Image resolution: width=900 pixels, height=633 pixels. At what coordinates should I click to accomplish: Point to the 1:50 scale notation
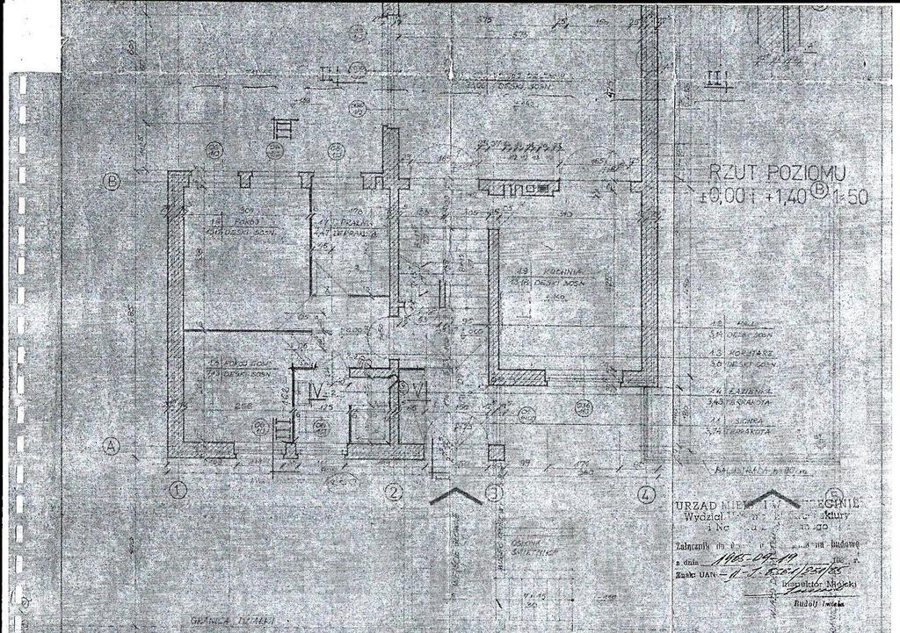pyautogui.click(x=852, y=197)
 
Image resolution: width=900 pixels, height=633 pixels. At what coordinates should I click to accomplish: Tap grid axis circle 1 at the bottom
pyautogui.click(x=177, y=490)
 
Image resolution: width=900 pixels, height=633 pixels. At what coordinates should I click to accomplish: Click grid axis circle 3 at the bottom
pyautogui.click(x=494, y=493)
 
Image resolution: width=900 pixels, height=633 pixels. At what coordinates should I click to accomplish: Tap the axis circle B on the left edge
pyautogui.click(x=112, y=183)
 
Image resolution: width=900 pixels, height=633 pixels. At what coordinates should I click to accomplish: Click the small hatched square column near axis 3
pyautogui.click(x=496, y=453)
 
